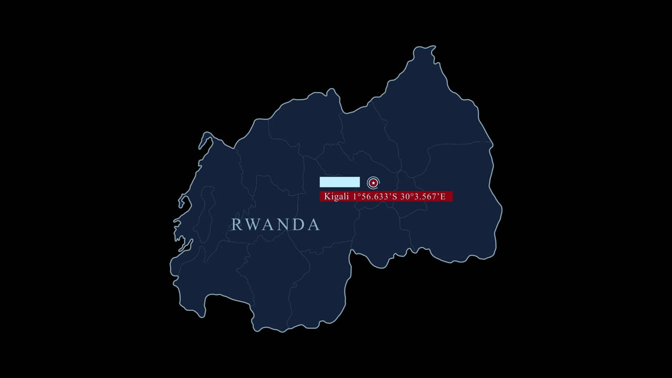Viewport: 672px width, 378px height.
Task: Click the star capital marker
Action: [x=373, y=183]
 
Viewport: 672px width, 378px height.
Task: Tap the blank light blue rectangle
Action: [x=340, y=182]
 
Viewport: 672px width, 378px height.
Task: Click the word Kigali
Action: [x=337, y=196]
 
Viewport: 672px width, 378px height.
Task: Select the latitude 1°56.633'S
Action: [x=374, y=196]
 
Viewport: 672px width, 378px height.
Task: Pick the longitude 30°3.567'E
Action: [x=423, y=196]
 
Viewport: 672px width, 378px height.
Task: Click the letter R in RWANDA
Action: [x=236, y=225]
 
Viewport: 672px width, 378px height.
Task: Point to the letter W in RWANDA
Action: [x=252, y=225]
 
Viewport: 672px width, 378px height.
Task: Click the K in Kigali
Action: [x=327, y=196]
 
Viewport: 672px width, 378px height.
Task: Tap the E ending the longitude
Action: [x=443, y=196]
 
